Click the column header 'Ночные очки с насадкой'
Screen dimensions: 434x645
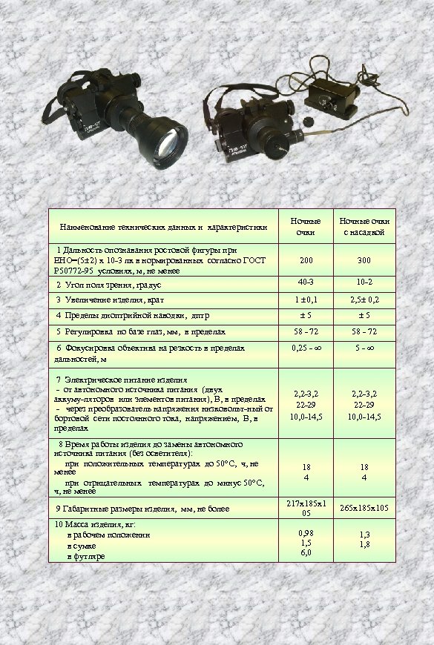[364, 228]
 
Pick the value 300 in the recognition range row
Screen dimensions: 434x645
[364, 261]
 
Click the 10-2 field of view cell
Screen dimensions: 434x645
[364, 282]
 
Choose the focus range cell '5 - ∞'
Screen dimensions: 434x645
[364, 348]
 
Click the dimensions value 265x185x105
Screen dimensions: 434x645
[364, 508]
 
